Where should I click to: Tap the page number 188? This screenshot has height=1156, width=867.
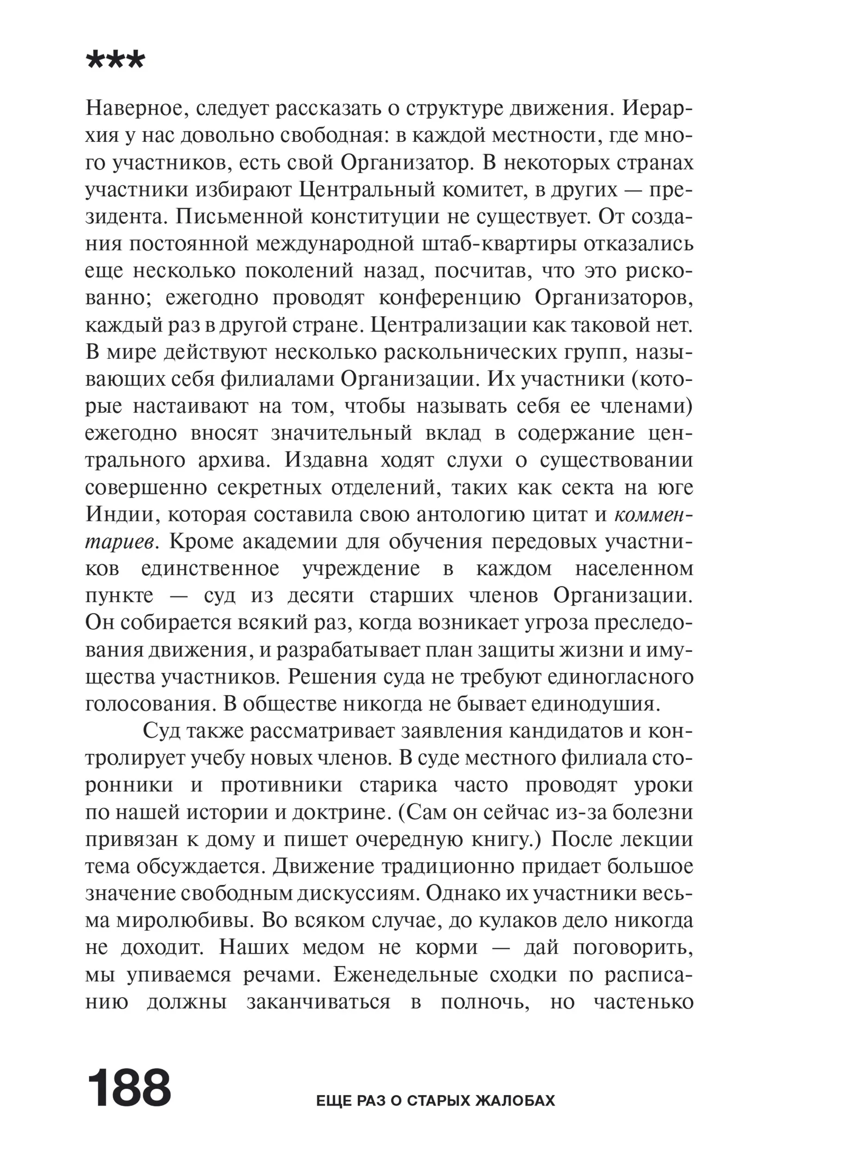point(129,1088)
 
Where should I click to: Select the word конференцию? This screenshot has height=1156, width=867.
point(449,298)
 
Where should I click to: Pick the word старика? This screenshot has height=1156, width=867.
point(400,786)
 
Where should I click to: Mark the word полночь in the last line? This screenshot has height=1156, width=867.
point(486,1002)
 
